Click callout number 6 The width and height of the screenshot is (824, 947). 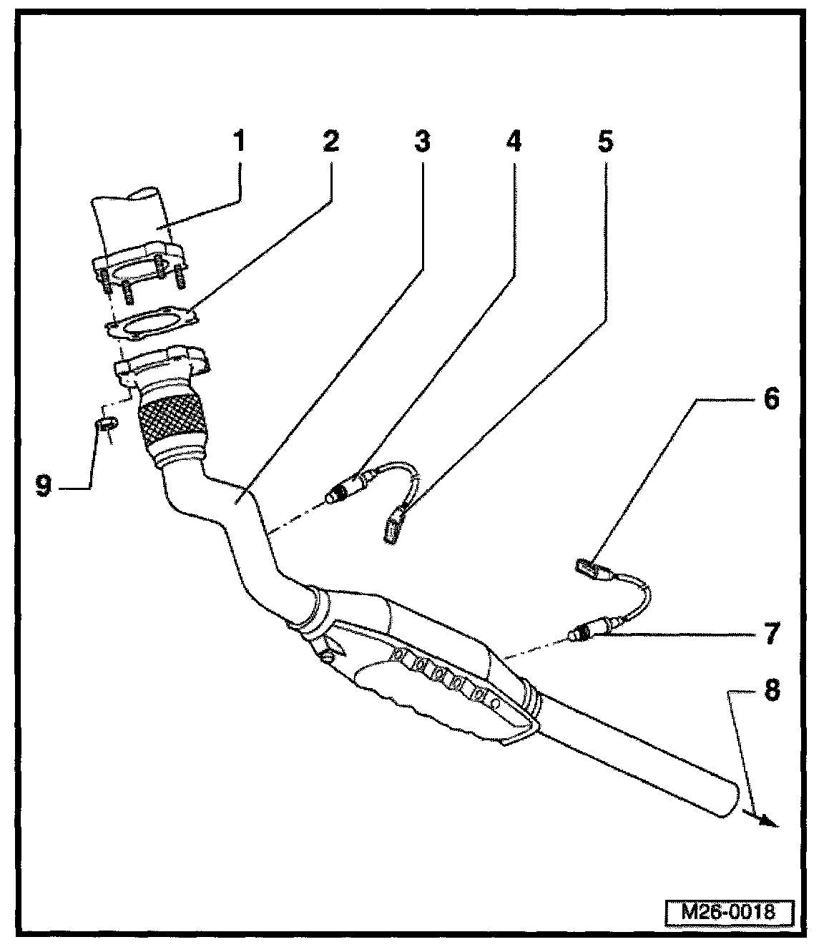click(770, 399)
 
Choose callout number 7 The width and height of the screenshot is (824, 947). click(770, 634)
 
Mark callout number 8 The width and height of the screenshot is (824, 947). click(770, 691)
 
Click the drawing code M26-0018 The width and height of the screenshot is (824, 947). click(727, 913)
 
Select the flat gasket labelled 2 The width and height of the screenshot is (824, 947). click(152, 323)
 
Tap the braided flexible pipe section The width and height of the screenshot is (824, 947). click(169, 421)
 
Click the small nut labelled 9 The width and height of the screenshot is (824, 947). click(106, 426)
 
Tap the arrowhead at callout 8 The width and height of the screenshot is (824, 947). click(768, 821)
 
